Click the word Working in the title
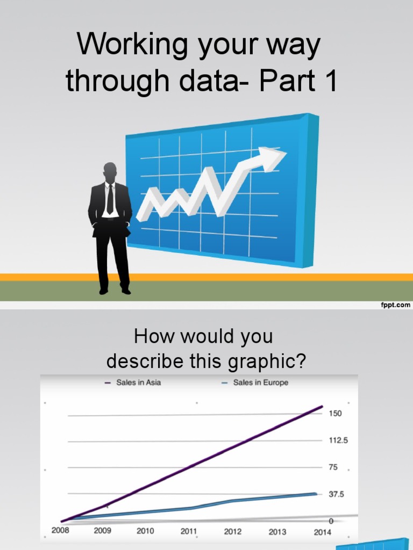(x=132, y=44)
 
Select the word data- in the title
(x=214, y=81)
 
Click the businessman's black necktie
(x=110, y=199)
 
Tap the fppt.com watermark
(x=395, y=305)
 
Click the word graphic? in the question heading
(x=267, y=361)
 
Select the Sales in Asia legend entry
(x=133, y=382)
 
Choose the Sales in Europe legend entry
(x=255, y=382)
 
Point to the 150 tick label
(x=335, y=413)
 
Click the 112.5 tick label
(x=338, y=440)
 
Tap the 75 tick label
(x=333, y=467)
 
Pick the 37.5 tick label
(x=337, y=494)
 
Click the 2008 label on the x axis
(x=60, y=530)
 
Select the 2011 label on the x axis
(x=189, y=531)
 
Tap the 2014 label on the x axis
(x=323, y=532)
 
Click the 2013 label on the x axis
(x=277, y=532)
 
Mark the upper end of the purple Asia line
(x=322, y=407)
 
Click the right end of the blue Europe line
(x=316, y=494)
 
